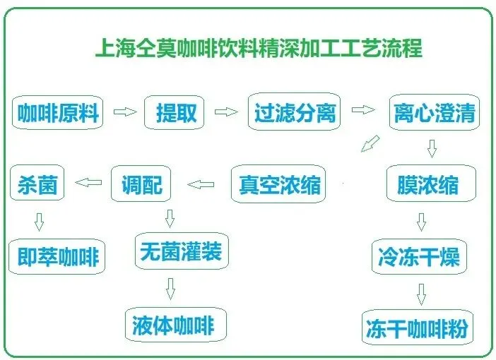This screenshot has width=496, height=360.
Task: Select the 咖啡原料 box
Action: [58, 113]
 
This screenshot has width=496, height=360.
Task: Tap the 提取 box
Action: [176, 113]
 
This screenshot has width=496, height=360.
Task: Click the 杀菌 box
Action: [37, 185]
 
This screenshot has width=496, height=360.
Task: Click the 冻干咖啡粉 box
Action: [416, 328]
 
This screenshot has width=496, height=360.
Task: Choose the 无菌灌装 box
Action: [182, 252]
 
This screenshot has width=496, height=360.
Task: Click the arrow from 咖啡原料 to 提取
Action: [124, 112]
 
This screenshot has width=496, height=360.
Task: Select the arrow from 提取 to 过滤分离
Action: [225, 112]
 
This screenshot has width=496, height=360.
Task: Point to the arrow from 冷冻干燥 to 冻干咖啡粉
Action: [421, 293]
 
